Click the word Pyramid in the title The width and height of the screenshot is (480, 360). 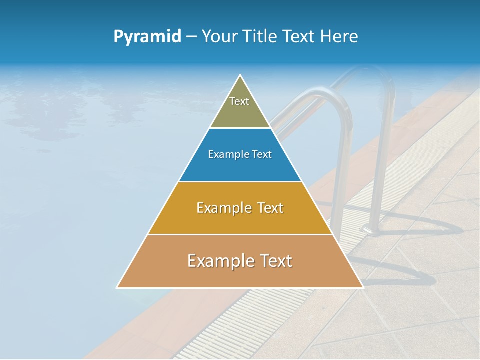pyautogui.click(x=147, y=37)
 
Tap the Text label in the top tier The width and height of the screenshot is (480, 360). pyautogui.click(x=239, y=101)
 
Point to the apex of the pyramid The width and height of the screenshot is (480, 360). pyautogui.click(x=240, y=75)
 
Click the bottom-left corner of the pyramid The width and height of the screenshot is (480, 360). pyautogui.click(x=117, y=287)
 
